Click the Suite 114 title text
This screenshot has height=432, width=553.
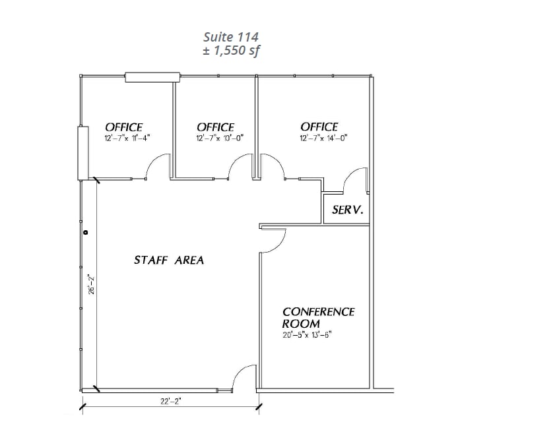click(x=231, y=37)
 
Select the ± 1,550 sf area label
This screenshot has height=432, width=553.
click(x=231, y=51)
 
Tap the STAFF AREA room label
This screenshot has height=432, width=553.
click(x=169, y=261)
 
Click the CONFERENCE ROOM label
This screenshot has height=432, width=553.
click(x=318, y=317)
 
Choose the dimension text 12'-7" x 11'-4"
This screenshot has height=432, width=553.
click(x=127, y=139)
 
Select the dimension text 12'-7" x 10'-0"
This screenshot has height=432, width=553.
click(x=215, y=139)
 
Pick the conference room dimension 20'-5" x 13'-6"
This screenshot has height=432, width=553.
click(x=306, y=334)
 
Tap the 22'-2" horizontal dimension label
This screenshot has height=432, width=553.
click(x=170, y=400)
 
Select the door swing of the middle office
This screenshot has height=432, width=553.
click(x=241, y=166)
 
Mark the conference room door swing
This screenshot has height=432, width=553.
click(x=273, y=241)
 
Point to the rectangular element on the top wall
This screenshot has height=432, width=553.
click(x=152, y=77)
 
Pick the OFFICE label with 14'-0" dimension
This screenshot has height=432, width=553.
click(x=319, y=127)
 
